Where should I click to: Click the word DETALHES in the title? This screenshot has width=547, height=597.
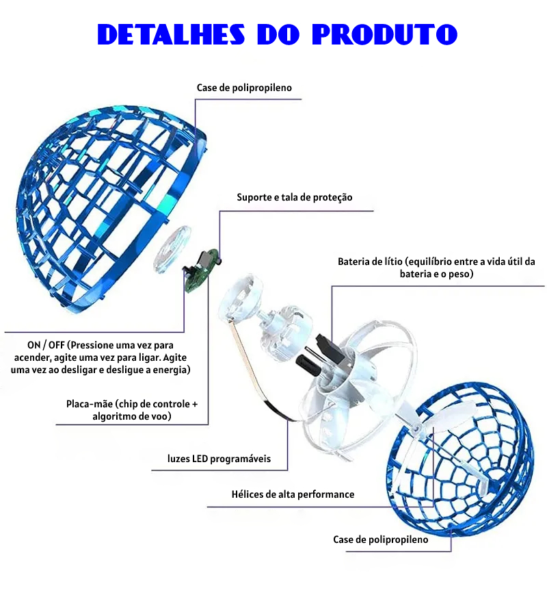[171, 34]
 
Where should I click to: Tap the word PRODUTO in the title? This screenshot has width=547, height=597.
[385, 34]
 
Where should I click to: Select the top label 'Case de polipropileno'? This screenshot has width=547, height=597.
[244, 88]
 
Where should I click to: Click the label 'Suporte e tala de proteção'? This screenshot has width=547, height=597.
[295, 197]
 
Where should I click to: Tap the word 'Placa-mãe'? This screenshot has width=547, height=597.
[90, 404]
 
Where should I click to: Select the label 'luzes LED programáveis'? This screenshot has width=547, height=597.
[219, 459]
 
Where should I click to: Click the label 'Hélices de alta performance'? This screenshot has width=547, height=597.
[293, 494]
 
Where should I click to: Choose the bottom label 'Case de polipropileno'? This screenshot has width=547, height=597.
[380, 539]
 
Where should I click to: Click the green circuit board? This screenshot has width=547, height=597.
[201, 270]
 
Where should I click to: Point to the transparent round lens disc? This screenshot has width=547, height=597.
[172, 249]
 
